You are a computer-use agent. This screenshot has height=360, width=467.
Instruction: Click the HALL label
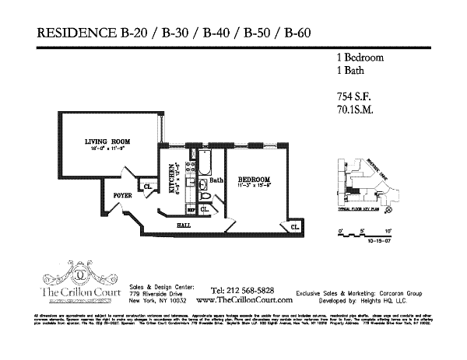pos(184,225)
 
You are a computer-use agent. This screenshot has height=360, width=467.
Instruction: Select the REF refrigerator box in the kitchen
pos(191,209)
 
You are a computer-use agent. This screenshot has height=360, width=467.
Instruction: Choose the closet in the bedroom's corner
pos(295,227)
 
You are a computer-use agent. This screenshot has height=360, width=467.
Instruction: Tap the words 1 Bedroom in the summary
pos(353,58)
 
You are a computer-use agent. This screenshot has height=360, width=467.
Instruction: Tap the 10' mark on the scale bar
pos(387,231)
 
